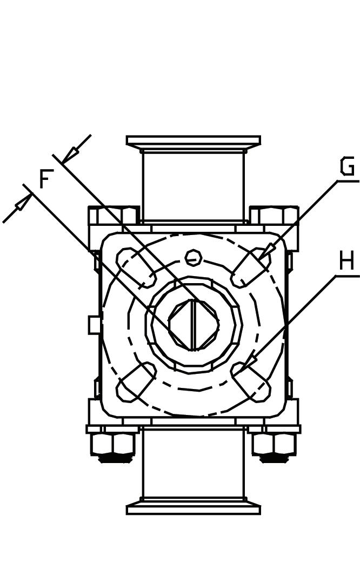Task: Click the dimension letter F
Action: tap(46, 180)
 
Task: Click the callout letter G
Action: tap(347, 167)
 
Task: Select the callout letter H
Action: tap(346, 262)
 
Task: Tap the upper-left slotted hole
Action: tap(136, 267)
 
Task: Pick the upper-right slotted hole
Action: tap(251, 267)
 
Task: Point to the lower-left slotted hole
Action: tap(136, 382)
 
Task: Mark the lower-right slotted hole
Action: tap(251, 382)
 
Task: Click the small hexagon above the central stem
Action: tap(194, 258)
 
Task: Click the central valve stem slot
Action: tap(193, 325)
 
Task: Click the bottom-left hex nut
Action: tap(113, 444)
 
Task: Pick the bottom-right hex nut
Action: tap(274, 444)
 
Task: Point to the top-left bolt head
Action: tap(114, 215)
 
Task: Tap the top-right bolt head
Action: tap(274, 215)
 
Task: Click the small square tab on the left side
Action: tap(95, 325)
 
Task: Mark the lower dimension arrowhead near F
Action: tap(23, 203)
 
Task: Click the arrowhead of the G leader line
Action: tap(268, 251)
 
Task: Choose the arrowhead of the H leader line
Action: tap(249, 361)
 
